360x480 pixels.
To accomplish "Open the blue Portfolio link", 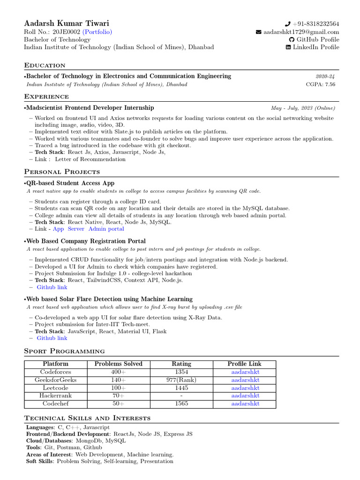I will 97,32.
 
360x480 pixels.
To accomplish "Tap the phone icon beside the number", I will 288,24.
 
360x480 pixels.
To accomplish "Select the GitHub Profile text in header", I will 316,40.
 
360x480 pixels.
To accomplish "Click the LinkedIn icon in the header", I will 288,47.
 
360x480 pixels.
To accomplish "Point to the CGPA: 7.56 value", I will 321,84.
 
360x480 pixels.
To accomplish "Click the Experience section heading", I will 46,97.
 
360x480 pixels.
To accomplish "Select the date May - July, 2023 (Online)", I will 303,108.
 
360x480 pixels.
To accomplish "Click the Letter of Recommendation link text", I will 90,159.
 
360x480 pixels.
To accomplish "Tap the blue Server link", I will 76,229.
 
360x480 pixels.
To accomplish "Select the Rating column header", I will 181,364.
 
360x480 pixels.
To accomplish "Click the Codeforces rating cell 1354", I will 181,372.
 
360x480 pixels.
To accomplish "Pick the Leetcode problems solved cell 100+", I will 118,388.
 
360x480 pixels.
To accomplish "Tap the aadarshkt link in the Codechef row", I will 245,404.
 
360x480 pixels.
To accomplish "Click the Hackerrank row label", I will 55,396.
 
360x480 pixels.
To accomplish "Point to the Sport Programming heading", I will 64,351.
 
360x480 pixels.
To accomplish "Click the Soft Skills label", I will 40,461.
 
